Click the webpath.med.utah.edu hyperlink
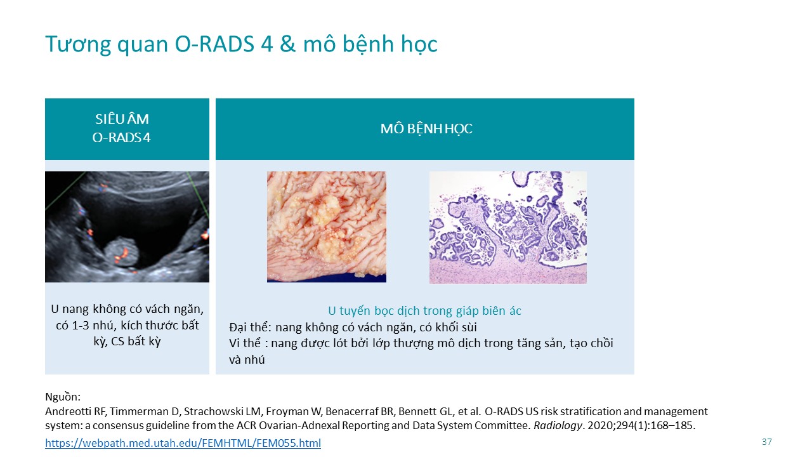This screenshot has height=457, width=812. pyautogui.click(x=183, y=443)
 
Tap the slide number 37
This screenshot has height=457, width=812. pyautogui.click(x=767, y=442)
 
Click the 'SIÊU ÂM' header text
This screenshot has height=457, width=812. pyautogui.click(x=122, y=119)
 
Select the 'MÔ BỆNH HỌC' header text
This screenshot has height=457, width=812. pyautogui.click(x=426, y=129)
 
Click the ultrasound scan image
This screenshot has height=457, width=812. pyautogui.click(x=128, y=227)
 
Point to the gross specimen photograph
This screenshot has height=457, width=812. pyautogui.click(x=327, y=227)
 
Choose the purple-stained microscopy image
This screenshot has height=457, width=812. pyautogui.click(x=508, y=227)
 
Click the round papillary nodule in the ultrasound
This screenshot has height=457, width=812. pyautogui.click(x=121, y=252)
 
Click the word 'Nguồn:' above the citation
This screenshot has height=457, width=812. pyautogui.click(x=63, y=397)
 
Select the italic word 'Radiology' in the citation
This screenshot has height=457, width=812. pyautogui.click(x=558, y=425)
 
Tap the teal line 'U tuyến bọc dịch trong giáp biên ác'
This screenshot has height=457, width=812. pyautogui.click(x=424, y=311)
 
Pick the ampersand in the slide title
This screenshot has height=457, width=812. pyautogui.click(x=288, y=44)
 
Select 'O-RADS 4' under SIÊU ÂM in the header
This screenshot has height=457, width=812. pyautogui.click(x=121, y=138)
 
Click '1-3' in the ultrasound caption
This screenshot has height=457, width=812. pyautogui.click(x=81, y=326)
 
